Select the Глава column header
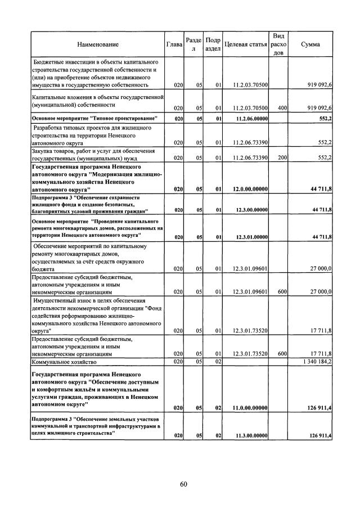(174, 44)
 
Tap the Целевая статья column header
(245, 44)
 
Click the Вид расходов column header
(278, 44)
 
